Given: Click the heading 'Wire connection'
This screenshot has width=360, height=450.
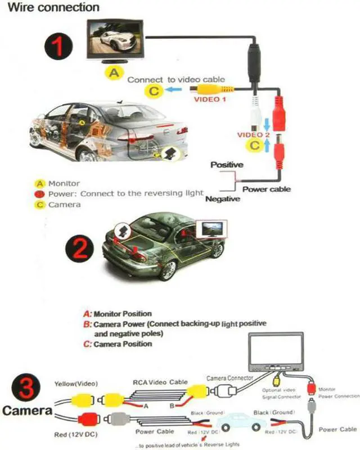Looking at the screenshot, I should tap(54, 8).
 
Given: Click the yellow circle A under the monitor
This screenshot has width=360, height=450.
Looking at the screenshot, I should tap(114, 72).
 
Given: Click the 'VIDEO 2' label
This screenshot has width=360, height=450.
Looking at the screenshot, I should tap(253, 135).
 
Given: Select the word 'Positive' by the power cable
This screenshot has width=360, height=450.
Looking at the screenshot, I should tap(226, 165).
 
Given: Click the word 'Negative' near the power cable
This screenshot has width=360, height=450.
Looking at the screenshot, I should tap(223, 199).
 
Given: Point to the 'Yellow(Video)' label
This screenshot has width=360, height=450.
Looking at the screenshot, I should tap(75, 384).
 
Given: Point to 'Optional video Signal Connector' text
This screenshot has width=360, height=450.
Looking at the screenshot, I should tap(278, 393).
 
